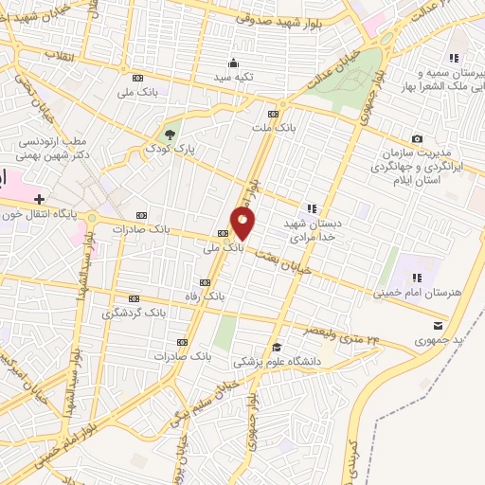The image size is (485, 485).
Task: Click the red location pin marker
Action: tap(243, 224)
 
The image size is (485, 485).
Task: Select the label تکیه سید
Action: tap(231, 76)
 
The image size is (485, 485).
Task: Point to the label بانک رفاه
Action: tap(207, 296)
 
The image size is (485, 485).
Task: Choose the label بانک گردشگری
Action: tap(140, 311)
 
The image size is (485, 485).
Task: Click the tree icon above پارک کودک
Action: tap(171, 135)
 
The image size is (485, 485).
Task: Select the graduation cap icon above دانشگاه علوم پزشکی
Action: tap(277, 347)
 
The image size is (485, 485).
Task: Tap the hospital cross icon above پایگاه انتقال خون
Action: tap(39, 199)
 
